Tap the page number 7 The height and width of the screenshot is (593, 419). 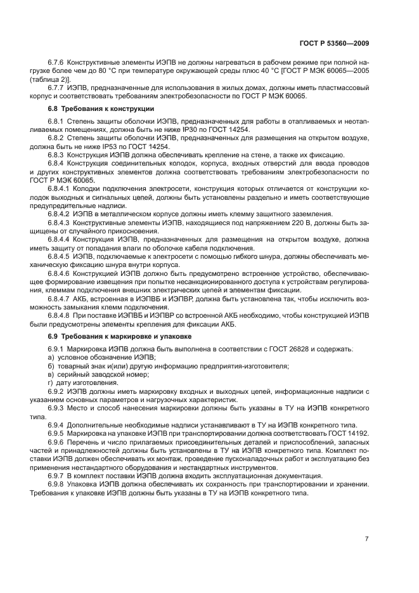(366, 539)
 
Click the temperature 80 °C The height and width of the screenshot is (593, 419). (91, 72)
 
